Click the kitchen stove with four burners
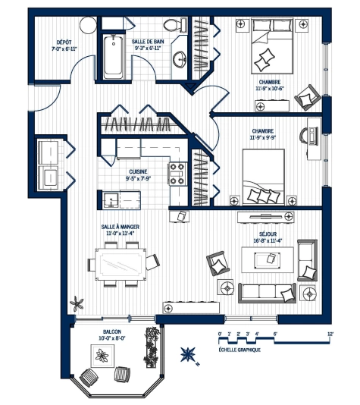coord(179,174)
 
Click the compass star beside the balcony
coord(187,353)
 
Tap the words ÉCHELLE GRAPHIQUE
coord(239,350)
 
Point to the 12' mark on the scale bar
coord(330,334)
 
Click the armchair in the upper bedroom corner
coord(308,96)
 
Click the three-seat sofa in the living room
coord(266,291)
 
